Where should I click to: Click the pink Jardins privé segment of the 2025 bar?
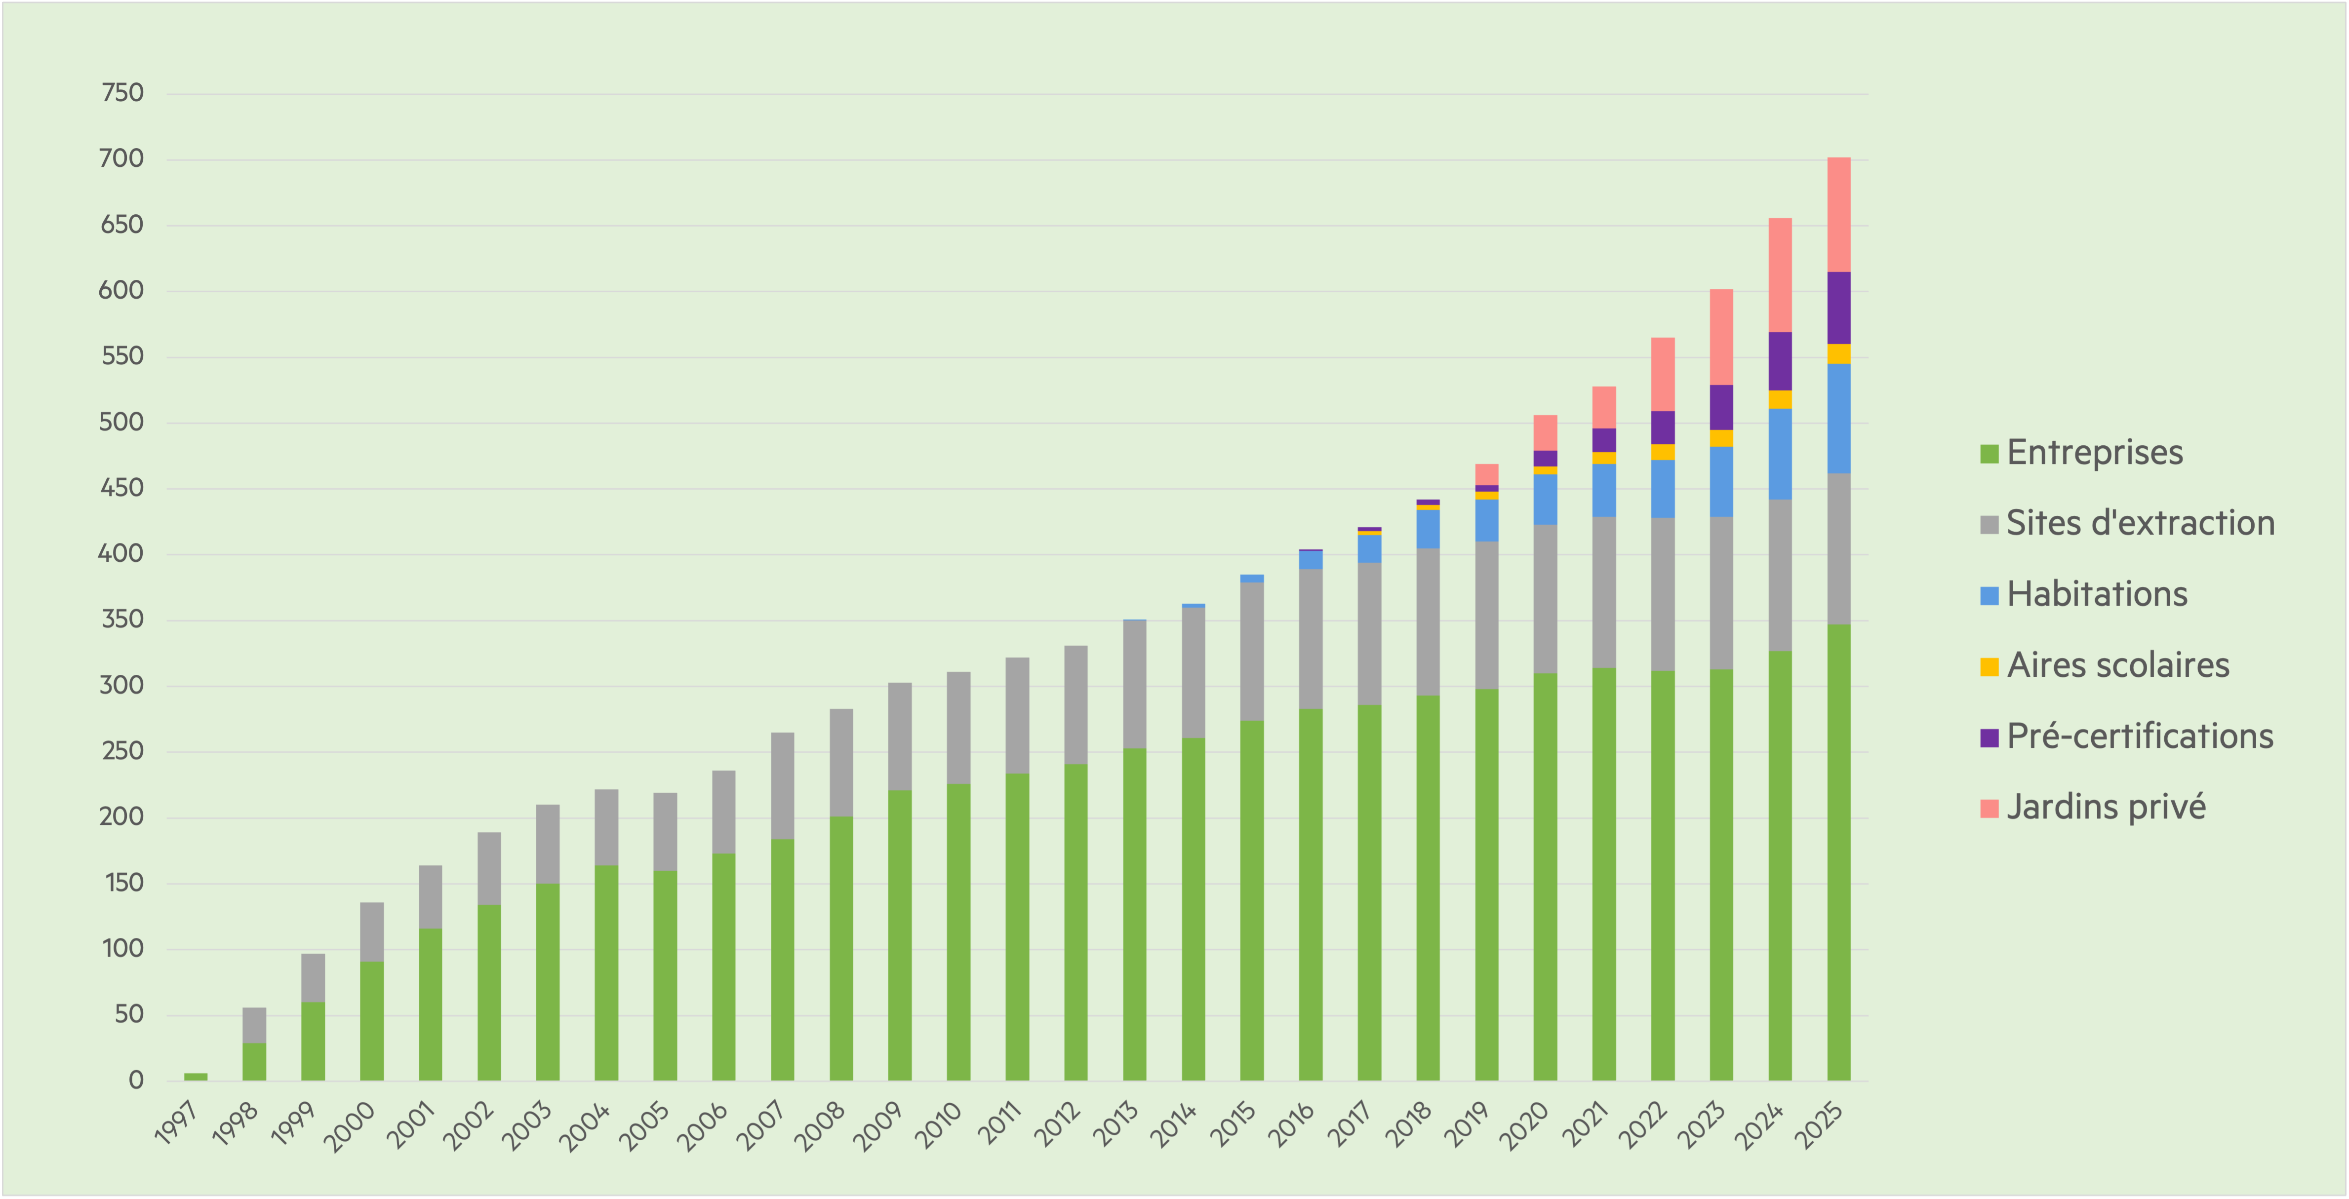pos(1838,214)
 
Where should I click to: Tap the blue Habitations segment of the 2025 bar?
pos(1838,419)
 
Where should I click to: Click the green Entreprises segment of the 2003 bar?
pos(547,982)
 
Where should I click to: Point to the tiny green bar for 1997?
pos(195,1077)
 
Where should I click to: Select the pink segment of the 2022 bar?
pos(1662,374)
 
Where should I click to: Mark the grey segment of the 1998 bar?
pos(254,1025)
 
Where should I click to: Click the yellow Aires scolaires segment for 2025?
pos(1838,354)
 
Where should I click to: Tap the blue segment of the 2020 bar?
pos(1545,499)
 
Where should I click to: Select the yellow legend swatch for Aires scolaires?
pos(1989,666)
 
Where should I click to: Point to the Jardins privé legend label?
pos(2106,807)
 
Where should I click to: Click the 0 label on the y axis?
pos(136,1081)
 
